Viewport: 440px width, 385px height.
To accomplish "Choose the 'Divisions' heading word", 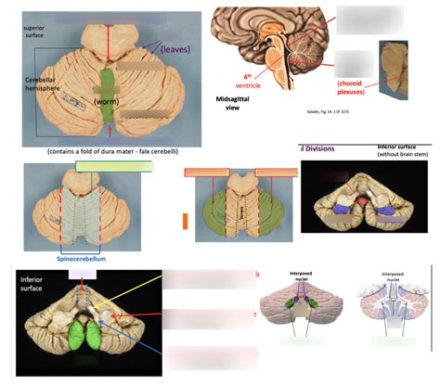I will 320,148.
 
